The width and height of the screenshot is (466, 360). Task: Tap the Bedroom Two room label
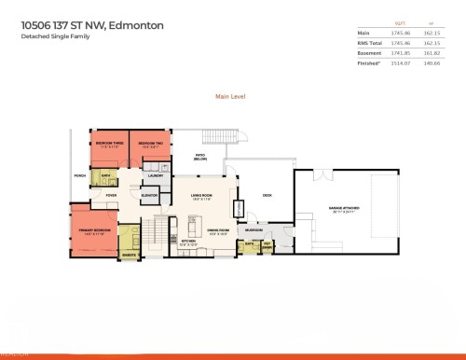pyautogui.click(x=145, y=144)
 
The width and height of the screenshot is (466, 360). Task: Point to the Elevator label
pyautogui.click(x=149, y=194)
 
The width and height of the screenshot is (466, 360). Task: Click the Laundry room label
pyautogui.click(x=157, y=174)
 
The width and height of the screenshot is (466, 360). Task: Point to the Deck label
pyautogui.click(x=267, y=195)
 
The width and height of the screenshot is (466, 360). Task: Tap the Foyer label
pyautogui.click(x=111, y=194)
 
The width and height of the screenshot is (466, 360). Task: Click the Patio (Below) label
pyautogui.click(x=199, y=157)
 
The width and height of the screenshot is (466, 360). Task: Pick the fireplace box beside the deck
pyautogui.click(x=239, y=208)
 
